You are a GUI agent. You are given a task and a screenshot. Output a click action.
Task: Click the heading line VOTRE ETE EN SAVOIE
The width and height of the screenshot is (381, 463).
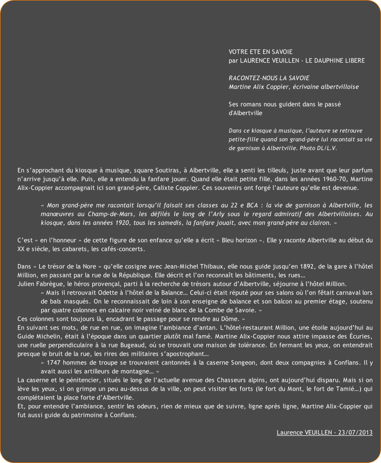(x=260, y=51)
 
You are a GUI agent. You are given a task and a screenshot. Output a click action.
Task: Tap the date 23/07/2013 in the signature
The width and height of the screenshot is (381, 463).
(x=355, y=432)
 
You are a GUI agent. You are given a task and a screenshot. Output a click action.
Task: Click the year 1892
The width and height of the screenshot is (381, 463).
(x=275, y=266)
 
